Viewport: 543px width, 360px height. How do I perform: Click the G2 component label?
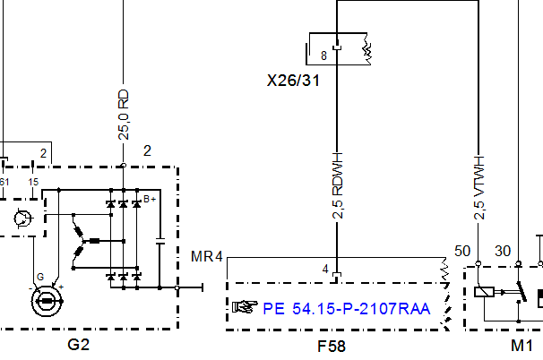click(x=79, y=345)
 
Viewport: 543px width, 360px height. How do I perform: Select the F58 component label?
click(x=332, y=347)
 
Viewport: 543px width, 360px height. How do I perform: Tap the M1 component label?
click(x=521, y=345)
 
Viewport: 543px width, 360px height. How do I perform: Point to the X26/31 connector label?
click(x=293, y=81)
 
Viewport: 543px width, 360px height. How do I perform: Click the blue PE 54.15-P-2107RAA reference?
click(x=347, y=309)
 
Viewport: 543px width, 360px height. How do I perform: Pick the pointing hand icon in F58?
click(x=245, y=306)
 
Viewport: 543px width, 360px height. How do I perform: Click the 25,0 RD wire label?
click(x=124, y=115)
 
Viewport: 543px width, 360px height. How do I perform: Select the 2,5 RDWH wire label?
click(x=337, y=185)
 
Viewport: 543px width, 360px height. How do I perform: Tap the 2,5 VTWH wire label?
click(x=479, y=188)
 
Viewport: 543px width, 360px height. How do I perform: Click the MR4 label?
click(x=207, y=256)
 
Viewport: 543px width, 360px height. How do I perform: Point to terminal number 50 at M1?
click(x=462, y=252)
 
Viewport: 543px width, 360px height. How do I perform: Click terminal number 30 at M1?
click(x=503, y=251)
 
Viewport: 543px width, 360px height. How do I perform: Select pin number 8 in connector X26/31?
click(x=323, y=56)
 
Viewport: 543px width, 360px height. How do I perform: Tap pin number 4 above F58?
click(x=325, y=269)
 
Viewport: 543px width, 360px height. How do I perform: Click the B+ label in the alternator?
click(x=150, y=199)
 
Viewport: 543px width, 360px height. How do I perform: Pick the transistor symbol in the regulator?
click(x=23, y=219)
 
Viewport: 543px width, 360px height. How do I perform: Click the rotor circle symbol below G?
click(x=47, y=301)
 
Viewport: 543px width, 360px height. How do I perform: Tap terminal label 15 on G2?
click(x=33, y=182)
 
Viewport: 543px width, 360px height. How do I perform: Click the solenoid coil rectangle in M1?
click(x=484, y=292)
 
